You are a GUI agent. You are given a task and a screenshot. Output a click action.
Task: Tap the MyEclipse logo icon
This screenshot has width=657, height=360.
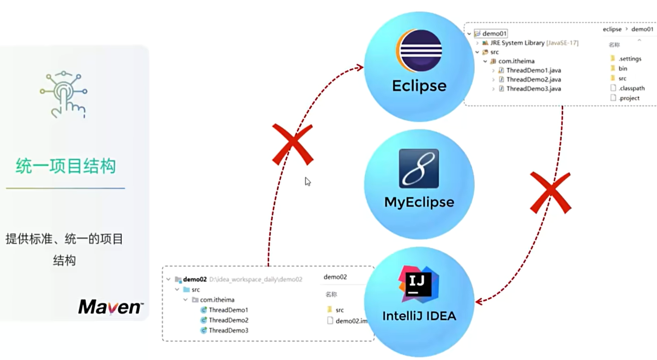coord(419,169)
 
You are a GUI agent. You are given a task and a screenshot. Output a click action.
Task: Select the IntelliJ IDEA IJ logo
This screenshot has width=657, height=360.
coord(419,284)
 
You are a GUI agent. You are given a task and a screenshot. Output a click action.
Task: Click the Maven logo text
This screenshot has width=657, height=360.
coord(110,307)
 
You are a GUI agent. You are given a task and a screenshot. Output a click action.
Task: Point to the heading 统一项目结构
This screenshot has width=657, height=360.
coord(66,166)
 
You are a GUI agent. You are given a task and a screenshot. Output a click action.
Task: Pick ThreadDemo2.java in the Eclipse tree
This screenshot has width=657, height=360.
coord(533,80)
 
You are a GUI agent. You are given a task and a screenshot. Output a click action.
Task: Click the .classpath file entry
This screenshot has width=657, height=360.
coord(631,88)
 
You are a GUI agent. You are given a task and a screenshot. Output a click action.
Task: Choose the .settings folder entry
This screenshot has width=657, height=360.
coord(629,59)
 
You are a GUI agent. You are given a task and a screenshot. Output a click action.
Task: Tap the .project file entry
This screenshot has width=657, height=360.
coord(628,98)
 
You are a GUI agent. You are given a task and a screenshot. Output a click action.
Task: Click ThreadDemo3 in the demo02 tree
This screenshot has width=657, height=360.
coord(228,330)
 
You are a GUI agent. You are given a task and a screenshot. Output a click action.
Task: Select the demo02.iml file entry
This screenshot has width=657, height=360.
coord(351,321)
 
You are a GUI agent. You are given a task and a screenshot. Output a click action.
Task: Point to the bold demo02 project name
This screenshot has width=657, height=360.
coord(195,279)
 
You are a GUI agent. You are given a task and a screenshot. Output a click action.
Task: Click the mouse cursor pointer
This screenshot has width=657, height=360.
coord(308,181)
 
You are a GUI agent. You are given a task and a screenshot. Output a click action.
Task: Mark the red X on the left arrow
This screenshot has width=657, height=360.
coord(292,144)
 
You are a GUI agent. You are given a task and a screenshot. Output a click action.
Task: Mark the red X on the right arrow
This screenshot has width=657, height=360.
coord(550,193)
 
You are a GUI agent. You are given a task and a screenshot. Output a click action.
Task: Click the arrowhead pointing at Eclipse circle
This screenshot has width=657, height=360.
coord(360,67)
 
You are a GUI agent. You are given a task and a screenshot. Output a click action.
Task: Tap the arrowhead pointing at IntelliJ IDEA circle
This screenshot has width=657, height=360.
coord(479,301)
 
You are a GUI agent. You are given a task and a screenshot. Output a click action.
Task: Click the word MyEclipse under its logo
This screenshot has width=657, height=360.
coord(419,202)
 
